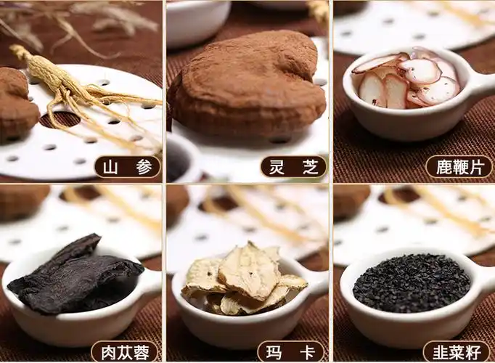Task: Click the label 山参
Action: (x=128, y=167)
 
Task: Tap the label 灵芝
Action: (x=293, y=167)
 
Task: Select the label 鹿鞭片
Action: (x=458, y=167)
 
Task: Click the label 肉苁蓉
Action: (x=124, y=352)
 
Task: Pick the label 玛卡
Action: (x=291, y=352)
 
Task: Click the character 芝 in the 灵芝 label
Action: (x=310, y=167)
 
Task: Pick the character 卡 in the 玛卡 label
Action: (x=308, y=352)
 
